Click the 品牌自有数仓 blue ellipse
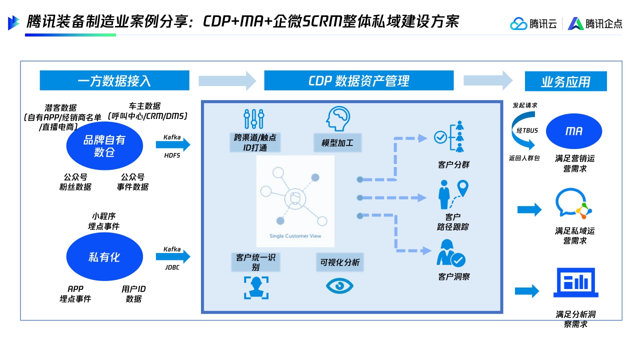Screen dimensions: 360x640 point(104,145)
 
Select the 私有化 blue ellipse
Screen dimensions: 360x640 point(104,257)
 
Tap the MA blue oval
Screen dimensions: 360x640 point(574,131)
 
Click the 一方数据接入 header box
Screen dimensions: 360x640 point(114,80)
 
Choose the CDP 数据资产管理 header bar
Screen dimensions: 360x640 point(358,80)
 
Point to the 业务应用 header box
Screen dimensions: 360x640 point(565,81)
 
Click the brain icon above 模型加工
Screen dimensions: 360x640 point(336,119)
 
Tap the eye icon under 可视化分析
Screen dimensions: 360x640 point(339,285)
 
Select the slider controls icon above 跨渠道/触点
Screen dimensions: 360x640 point(254,119)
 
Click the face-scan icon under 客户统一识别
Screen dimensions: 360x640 point(256,287)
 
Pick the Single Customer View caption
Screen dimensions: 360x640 point(295,236)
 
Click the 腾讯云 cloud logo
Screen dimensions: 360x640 point(518,23)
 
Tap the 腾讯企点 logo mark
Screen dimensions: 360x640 point(576,23)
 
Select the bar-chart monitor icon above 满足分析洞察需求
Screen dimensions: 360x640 point(575,282)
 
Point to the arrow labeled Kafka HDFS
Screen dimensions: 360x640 point(173,145)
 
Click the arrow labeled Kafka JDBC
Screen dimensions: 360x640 point(173,257)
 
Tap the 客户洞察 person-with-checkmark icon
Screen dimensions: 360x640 point(450,253)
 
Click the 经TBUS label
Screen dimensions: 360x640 point(527,130)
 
